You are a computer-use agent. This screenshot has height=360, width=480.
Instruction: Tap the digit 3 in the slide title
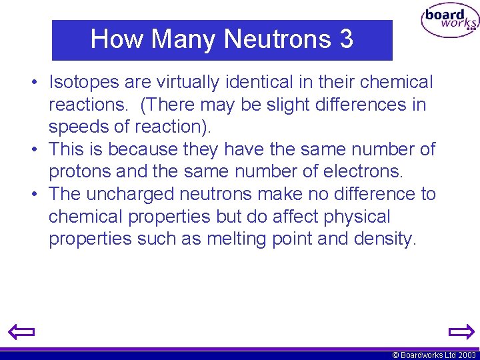click(x=346, y=39)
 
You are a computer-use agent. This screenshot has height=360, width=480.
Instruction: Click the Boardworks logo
click(x=449, y=21)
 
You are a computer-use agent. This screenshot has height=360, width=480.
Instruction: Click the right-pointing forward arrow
click(x=461, y=331)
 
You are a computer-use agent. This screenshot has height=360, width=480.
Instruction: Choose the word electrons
click(x=363, y=172)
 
